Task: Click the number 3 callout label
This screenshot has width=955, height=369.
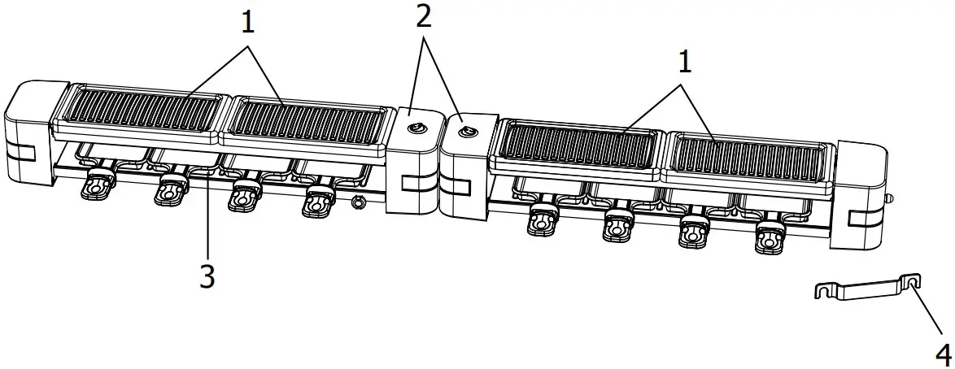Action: (x=207, y=277)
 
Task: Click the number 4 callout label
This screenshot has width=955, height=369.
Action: (x=942, y=354)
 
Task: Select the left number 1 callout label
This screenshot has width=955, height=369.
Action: (x=246, y=21)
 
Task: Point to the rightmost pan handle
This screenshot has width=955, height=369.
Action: (x=766, y=239)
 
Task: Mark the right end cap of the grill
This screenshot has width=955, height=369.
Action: (x=861, y=195)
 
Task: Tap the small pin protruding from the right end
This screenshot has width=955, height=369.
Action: (x=890, y=197)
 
